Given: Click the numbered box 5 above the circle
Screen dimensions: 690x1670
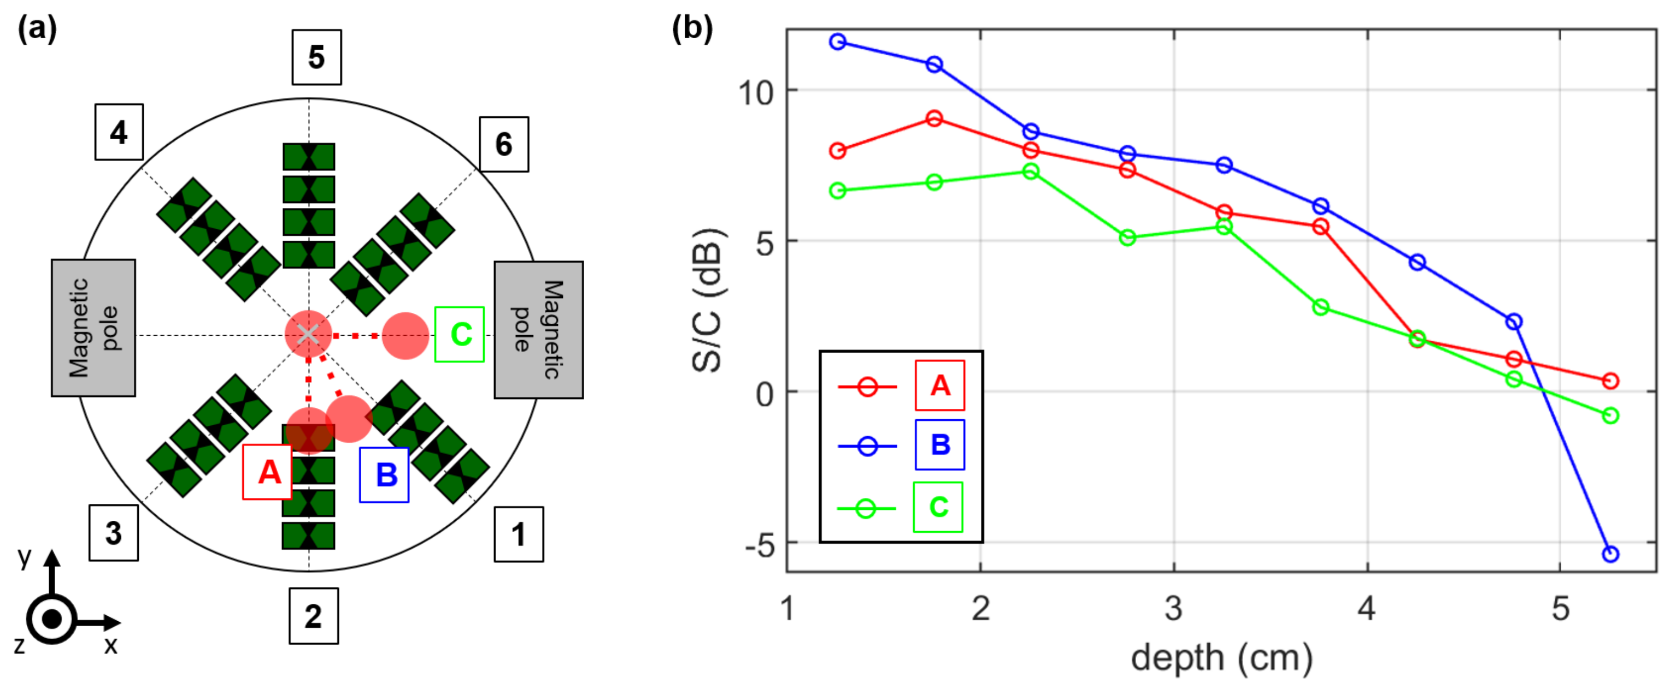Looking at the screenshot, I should coord(316,57).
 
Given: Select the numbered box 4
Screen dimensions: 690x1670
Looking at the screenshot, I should coord(119,132).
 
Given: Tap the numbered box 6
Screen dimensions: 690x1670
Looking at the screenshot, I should coord(504,144).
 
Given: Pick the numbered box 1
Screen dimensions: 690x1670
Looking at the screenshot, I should coord(519,534).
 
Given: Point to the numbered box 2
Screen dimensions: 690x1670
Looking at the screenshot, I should coord(314,616).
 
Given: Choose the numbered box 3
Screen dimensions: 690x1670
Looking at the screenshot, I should coord(114,533).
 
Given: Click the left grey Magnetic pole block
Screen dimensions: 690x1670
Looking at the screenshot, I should coord(93,328).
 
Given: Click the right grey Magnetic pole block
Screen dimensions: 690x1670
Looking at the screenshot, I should coord(539,330).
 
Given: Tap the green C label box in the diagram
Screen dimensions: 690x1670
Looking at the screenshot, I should coord(460,334).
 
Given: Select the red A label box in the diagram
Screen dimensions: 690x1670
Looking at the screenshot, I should coord(267,472).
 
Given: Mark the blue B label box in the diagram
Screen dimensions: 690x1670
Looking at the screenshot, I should coord(384,475).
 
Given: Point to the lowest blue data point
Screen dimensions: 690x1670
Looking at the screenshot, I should coord(1610,554).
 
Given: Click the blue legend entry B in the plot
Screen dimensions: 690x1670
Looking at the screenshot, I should coord(939,445).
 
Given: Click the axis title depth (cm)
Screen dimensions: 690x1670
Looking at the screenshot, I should coord(1221,658).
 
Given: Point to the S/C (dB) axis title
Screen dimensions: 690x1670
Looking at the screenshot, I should coord(707,300).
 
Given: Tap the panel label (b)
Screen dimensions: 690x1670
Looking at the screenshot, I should coord(692,29).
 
